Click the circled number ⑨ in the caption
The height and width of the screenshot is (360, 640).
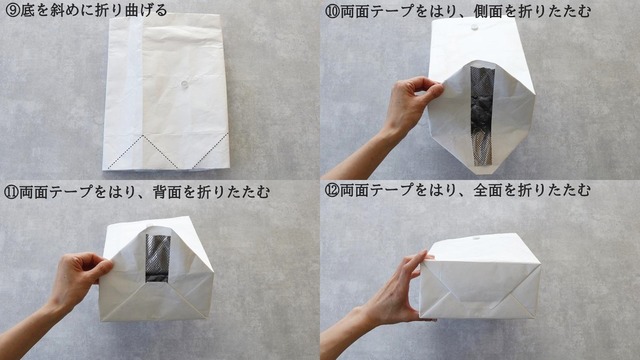(12, 10)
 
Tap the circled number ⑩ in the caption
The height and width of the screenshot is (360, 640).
(332, 11)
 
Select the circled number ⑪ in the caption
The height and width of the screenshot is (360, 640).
(11, 191)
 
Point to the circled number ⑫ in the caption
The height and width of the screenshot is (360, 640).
(332, 190)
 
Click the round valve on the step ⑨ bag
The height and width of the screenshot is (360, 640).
(184, 84)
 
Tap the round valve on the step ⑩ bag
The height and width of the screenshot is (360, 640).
(474, 27)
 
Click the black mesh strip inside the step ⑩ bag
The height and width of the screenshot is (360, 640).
(482, 116)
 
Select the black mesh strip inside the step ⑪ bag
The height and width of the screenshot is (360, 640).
(158, 258)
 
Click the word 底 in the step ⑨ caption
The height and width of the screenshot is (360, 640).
(27, 10)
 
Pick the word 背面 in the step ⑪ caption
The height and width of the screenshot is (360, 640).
(167, 191)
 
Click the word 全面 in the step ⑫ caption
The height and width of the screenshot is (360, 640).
(489, 190)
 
